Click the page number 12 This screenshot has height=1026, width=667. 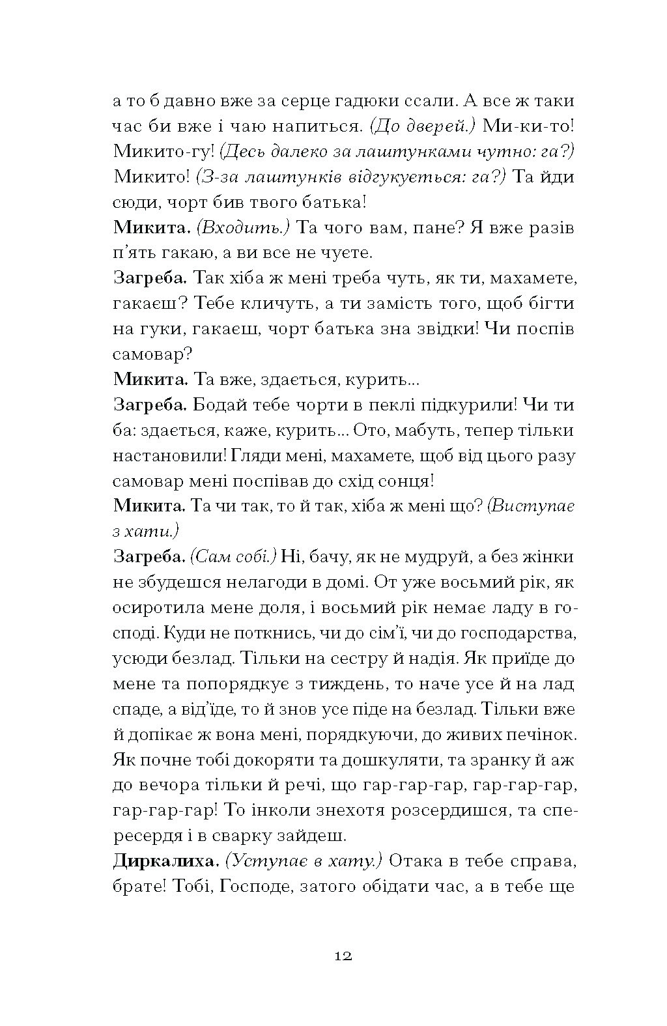point(343,957)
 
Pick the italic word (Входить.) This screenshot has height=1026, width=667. point(242,228)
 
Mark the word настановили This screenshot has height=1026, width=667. point(169,456)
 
